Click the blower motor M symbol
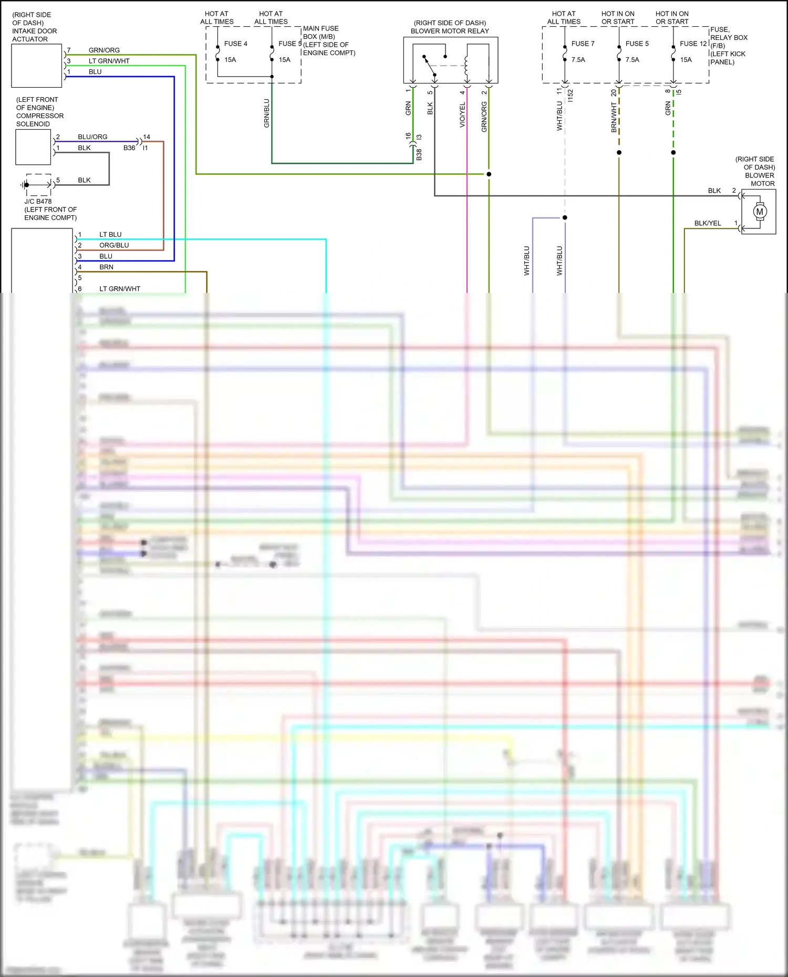pyautogui.click(x=759, y=212)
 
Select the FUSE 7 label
pyautogui.click(x=583, y=44)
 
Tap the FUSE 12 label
pyautogui.click(x=693, y=44)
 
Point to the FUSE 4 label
pyautogui.click(x=235, y=44)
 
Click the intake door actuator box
pyautogui.click(x=37, y=66)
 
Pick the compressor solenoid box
pyautogui.click(x=33, y=147)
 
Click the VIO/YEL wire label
pyautogui.click(x=462, y=115)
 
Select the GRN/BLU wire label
pyautogui.click(x=266, y=113)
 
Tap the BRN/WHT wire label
pyautogui.click(x=614, y=117)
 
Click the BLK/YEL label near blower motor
pyautogui.click(x=707, y=223)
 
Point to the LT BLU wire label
pyautogui.click(x=110, y=235)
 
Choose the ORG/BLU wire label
pyautogui.click(x=114, y=245)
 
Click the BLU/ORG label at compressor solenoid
pyautogui.click(x=92, y=137)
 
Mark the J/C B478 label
pyautogui.click(x=38, y=201)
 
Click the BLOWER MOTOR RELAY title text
pyautogui.click(x=450, y=31)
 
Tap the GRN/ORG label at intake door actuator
pyautogui.click(x=104, y=50)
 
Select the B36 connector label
pyautogui.click(x=129, y=148)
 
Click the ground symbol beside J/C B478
pyautogui.click(x=24, y=185)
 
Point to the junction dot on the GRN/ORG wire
pyautogui.click(x=489, y=174)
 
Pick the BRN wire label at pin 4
pyautogui.click(x=106, y=267)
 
